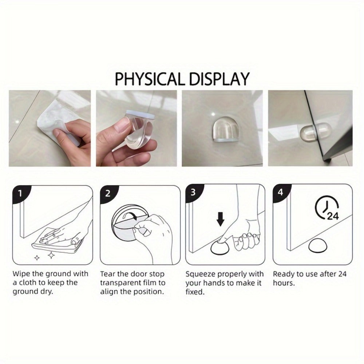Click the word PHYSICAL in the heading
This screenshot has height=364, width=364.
[150, 79]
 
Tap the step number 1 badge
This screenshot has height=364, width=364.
[20, 193]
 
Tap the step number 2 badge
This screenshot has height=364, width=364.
[108, 194]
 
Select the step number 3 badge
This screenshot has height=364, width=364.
[193, 193]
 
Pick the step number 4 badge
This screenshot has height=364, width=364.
[280, 192]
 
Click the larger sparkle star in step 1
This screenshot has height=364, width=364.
[51, 255]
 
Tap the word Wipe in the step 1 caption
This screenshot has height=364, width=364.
[21, 274]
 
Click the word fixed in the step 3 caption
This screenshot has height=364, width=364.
[195, 292]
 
